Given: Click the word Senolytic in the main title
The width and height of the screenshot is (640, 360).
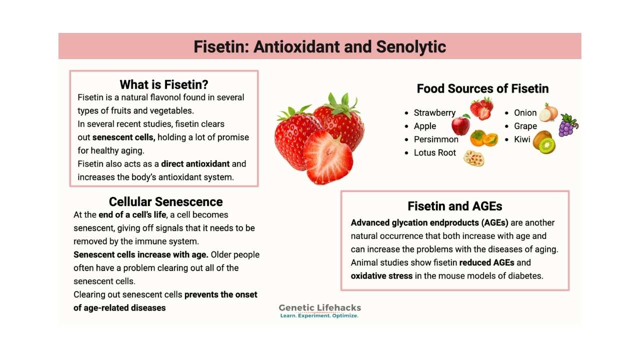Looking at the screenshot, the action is coord(411,47).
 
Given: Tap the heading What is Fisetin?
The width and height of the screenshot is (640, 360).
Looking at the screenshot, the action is coord(164,84).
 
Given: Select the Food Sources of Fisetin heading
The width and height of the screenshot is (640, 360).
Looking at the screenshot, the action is coord(482,88).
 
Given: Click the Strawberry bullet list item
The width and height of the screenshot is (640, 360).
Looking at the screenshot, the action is coord(434,113).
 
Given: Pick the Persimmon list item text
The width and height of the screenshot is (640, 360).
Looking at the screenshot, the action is coord(436,139).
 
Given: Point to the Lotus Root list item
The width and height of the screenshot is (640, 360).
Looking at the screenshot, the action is coord(435,153).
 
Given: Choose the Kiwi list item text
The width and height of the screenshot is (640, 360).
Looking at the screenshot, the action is coord(522,139).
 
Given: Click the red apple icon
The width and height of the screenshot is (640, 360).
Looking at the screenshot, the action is coord(461,125).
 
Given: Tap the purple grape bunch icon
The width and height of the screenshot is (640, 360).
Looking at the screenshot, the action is coord(568,125).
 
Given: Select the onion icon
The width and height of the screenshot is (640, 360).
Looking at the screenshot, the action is coord(548,112).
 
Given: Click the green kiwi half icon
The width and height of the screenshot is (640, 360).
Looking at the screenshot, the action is coord(547,145).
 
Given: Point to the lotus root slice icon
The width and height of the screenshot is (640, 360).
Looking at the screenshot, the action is coord(473,158).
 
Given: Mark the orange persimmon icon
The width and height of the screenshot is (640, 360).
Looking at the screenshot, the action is coord(484,138).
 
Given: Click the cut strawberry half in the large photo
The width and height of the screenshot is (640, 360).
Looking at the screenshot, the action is coord(328,157).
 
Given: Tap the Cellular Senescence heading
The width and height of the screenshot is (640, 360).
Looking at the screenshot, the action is coord(165,201).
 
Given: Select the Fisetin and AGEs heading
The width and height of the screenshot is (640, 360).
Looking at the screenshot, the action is coord(455,206).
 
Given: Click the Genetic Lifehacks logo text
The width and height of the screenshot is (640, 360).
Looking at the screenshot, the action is coord(319,307).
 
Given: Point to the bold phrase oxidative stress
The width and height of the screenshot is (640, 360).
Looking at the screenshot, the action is coord(381,276).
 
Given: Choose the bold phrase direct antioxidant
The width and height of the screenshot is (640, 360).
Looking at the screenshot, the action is coord(195,164).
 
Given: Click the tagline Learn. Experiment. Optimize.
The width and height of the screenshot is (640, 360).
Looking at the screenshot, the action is coord(319,315).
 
